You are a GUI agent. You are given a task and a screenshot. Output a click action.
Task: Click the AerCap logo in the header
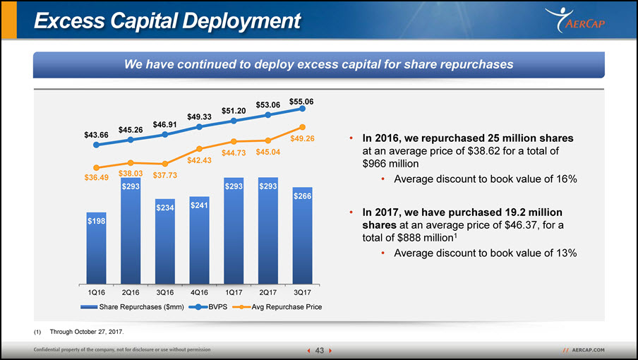(x=575, y=20)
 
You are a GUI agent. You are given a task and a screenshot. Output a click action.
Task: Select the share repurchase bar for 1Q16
(x=97, y=248)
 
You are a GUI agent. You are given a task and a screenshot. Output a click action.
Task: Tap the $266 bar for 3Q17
(x=302, y=236)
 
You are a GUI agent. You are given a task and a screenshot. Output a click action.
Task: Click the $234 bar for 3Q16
(x=164, y=241)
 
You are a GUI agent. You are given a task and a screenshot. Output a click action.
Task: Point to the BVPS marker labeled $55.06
(x=302, y=109)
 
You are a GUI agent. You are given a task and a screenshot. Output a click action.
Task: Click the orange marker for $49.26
(x=302, y=127)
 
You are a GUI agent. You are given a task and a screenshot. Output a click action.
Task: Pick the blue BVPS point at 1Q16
(x=97, y=145)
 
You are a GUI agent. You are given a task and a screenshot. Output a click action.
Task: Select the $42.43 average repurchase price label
(x=199, y=160)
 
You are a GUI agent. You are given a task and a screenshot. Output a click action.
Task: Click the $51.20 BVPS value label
(x=234, y=111)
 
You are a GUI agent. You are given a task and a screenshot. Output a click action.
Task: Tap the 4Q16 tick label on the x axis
(x=199, y=292)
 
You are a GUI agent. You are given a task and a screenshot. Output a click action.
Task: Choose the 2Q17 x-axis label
(x=267, y=292)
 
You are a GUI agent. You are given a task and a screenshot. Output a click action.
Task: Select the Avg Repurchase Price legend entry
(x=277, y=307)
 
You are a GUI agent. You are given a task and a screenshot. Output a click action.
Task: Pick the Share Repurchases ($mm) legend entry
(x=132, y=307)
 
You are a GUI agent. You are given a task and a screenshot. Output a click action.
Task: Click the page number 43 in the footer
(x=320, y=350)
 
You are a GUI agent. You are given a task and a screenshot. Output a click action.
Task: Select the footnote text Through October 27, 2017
(x=87, y=332)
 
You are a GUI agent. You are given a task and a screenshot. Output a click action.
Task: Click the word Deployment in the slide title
(x=241, y=20)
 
